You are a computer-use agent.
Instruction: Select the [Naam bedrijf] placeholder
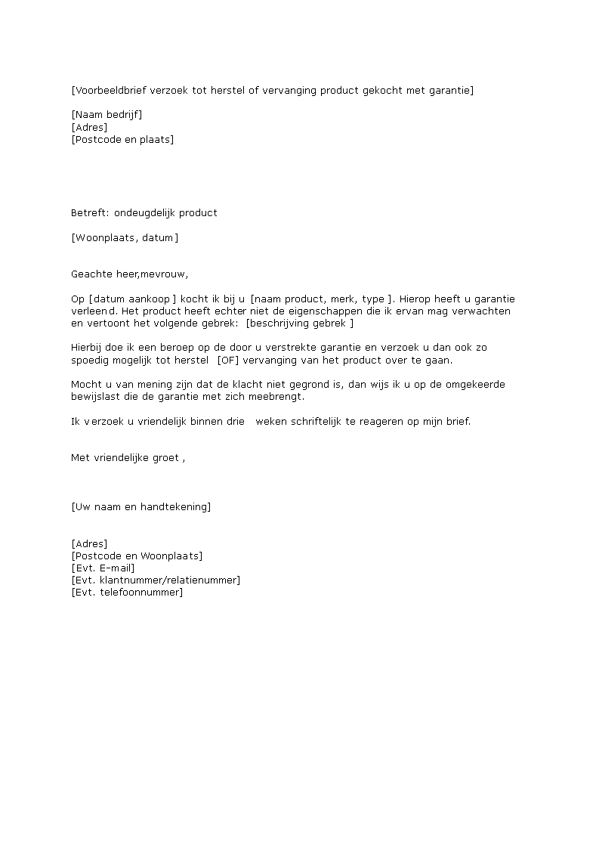tap(107, 115)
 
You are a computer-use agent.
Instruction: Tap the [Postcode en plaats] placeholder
tap(122, 139)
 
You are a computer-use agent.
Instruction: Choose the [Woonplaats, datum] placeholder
tap(125, 237)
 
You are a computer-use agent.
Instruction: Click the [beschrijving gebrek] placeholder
tap(300, 323)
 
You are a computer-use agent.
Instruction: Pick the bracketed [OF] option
tap(227, 360)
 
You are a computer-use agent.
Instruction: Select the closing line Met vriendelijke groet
tap(126, 457)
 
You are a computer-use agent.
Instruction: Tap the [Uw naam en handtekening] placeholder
tap(140, 506)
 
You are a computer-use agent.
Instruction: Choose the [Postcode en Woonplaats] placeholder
tap(137, 556)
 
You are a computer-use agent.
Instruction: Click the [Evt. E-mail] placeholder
tap(103, 568)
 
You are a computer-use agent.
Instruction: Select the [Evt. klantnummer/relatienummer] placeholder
tap(156, 580)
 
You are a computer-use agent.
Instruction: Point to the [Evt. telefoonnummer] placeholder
tap(127, 592)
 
